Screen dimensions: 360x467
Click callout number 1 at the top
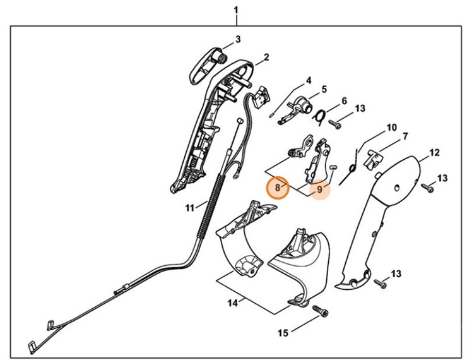point(236,10)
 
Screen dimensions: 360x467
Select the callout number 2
point(266,57)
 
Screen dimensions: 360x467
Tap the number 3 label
point(238,40)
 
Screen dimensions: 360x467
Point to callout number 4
point(309,80)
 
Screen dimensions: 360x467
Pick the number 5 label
point(324,90)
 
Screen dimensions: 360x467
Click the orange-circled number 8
point(278,188)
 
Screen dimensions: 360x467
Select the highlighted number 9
point(320,188)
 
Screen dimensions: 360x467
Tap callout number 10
point(391,127)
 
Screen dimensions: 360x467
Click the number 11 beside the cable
point(190,207)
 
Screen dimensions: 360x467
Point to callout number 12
point(434,152)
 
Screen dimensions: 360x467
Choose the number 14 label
point(232,303)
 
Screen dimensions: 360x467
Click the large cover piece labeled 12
point(379,215)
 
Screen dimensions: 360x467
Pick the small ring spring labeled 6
point(321,115)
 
